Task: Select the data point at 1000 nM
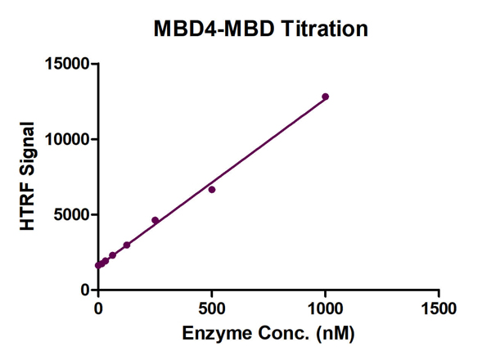tap(325, 97)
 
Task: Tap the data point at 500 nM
tap(212, 189)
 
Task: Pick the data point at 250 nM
tap(155, 220)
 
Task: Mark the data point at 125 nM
tap(127, 245)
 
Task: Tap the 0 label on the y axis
tap(85, 290)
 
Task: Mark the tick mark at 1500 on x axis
tap(439, 295)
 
